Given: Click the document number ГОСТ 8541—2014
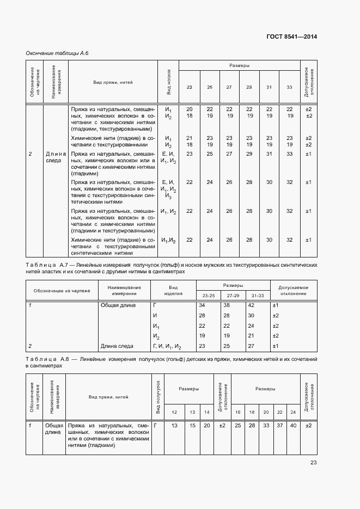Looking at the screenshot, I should tap(292, 36).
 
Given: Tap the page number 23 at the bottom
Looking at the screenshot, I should tap(313, 463).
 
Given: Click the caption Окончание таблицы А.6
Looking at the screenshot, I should tap(57, 53).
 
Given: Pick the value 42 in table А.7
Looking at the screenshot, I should tap(251, 305).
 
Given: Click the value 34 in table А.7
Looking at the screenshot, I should tap(203, 305).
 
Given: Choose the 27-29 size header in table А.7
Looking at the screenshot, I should tap(233, 296).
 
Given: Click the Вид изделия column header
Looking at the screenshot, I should tap(173, 290).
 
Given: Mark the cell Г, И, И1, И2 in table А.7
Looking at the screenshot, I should tap(167, 346).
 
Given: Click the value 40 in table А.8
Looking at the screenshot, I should tap(293, 425).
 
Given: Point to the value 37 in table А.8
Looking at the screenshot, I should tap(280, 425).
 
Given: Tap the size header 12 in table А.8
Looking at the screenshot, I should tap(174, 412).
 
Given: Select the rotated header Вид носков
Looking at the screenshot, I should tap(169, 82).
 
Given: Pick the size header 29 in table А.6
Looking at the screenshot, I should tap(248, 88).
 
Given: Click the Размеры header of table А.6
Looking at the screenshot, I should tap(239, 66).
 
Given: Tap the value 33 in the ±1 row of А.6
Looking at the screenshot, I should tap(289, 154).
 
